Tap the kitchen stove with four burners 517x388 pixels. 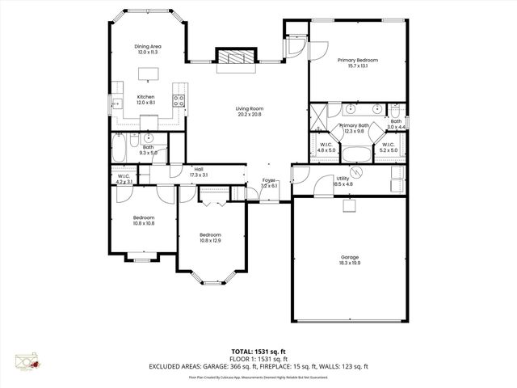179,101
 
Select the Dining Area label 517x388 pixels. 149,47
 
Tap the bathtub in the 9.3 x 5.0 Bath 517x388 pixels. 119,148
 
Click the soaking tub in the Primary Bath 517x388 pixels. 355,153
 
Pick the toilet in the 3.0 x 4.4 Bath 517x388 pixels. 395,110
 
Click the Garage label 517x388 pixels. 350,258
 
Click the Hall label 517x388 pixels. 198,168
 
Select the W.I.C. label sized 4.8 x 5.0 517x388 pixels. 326,147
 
